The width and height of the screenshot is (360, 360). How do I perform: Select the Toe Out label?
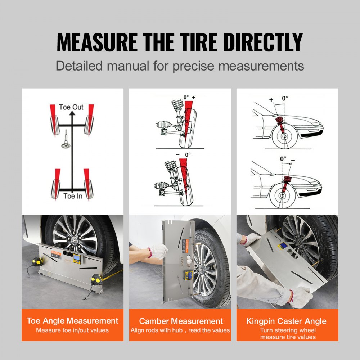pyautogui.click(x=71, y=107)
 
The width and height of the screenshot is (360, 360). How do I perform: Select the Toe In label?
pyautogui.click(x=73, y=196)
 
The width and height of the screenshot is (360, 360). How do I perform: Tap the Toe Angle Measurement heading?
pyautogui.click(x=72, y=321)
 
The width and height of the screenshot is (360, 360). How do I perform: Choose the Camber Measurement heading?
pyautogui.click(x=181, y=321)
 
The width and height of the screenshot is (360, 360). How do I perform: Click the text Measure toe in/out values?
pyautogui.click(x=72, y=330)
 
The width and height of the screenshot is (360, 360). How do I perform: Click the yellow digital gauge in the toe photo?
pyautogui.click(x=77, y=258)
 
